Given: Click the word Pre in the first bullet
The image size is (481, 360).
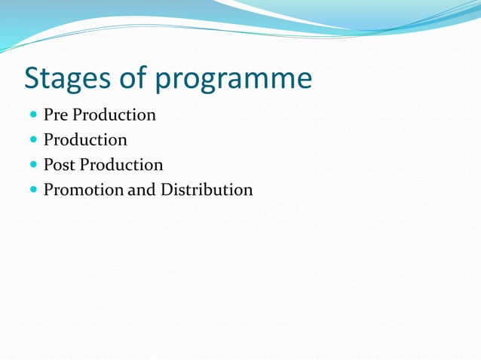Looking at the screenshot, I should click(56, 115).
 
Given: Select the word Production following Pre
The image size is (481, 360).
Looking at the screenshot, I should click(114, 115).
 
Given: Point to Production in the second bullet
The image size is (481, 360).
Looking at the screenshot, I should click(85, 140).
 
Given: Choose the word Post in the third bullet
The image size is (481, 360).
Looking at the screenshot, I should click(60, 165).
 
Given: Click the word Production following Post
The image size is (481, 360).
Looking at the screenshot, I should click(121, 165).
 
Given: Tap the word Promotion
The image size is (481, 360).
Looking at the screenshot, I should click(83, 190).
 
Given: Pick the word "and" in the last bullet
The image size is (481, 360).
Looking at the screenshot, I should click(141, 190).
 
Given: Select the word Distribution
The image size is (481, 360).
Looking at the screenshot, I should click(207, 190).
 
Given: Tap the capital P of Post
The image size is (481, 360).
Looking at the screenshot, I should click(48, 165).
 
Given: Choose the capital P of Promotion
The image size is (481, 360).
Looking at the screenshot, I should click(48, 190).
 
